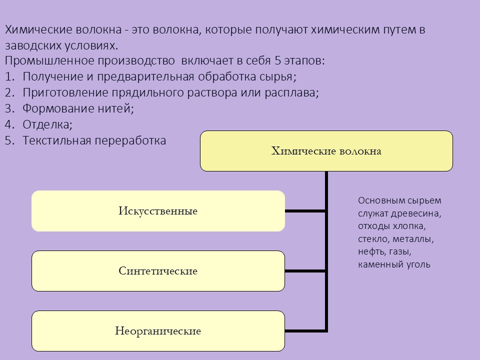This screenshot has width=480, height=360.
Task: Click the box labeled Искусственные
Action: (158, 211)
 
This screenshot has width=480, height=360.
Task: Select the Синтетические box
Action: (158, 271)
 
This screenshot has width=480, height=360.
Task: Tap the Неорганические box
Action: (158, 331)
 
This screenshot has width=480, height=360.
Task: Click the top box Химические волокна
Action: (326, 151)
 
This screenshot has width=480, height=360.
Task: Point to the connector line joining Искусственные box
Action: (305, 211)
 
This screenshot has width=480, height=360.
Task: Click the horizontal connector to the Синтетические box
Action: (305, 271)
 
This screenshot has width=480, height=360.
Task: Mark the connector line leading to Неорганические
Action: (305, 331)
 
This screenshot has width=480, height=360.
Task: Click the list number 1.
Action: (9, 76)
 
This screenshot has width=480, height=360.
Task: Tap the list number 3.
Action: (9, 108)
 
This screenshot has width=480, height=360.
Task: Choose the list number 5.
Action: (9, 140)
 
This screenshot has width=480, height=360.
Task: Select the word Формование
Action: (58, 108)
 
